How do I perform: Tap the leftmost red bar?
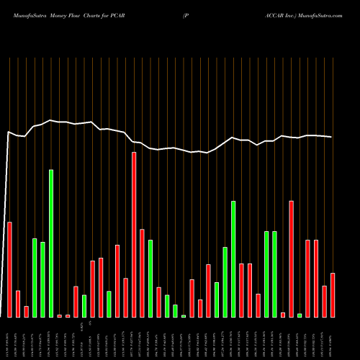[x=9, y=269]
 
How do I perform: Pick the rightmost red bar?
[x=333, y=295]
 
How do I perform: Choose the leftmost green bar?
[x=35, y=278]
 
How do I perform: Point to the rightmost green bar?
[x=300, y=315]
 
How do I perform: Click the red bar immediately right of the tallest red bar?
[x=143, y=274]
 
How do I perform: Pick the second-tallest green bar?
[x=233, y=259]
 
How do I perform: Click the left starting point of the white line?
[x=7, y=132]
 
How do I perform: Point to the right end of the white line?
[x=331, y=137]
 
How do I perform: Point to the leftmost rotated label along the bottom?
[x=9, y=338]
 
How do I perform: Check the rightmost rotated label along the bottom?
[x=333, y=338]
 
